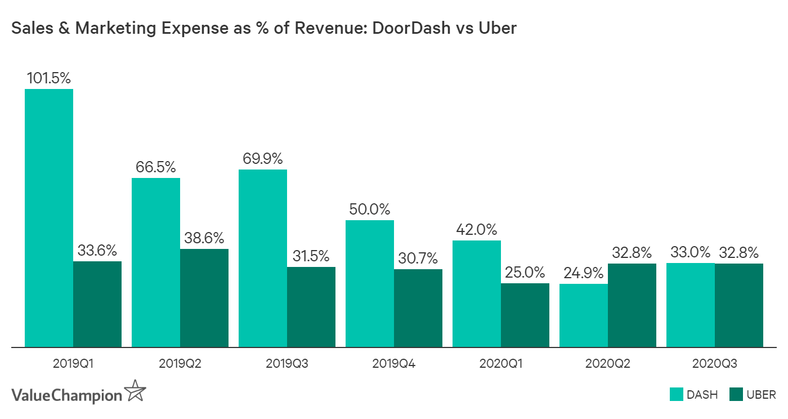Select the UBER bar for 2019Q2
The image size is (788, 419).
204,298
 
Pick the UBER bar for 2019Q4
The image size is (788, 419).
418,308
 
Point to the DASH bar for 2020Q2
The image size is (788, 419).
584,315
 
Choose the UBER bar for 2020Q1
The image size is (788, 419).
525,315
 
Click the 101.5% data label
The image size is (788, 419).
49,78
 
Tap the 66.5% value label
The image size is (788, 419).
156,167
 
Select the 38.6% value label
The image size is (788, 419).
204,238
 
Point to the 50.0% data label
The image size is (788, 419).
370,210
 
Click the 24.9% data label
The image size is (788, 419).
584,273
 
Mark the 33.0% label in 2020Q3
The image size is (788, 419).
690,252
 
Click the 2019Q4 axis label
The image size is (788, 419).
394,364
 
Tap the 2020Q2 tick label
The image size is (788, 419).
608,364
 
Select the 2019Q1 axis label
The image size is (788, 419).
73,364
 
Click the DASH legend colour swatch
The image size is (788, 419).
676,394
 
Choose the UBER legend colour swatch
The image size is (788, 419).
735,394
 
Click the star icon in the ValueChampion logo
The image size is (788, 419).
135,391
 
